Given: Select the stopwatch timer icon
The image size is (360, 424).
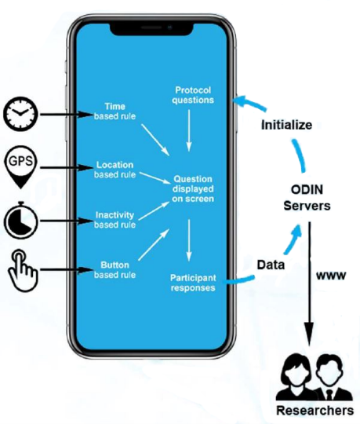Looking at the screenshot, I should (x=20, y=221).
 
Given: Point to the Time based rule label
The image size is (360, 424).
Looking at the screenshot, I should (x=120, y=111).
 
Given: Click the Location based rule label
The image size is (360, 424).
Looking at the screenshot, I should (x=115, y=170).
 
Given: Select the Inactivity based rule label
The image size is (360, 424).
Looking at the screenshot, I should (x=115, y=219).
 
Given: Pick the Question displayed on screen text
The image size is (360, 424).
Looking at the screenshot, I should (x=193, y=188).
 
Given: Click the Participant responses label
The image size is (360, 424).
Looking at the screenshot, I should (x=193, y=282).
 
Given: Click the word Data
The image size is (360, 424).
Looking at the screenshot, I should (x=271, y=265).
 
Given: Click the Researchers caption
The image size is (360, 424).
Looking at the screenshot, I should (x=314, y=411).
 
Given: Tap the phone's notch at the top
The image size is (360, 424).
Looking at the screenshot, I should (x=152, y=27).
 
